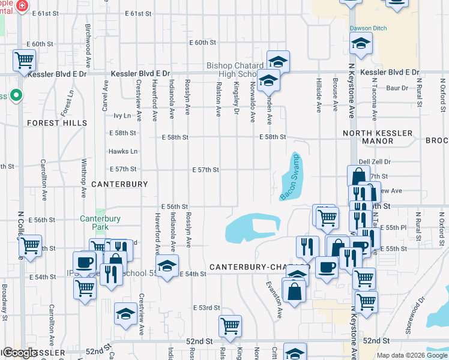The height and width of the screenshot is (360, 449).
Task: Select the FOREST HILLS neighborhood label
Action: tap(57, 123)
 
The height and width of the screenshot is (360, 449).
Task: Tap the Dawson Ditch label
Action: tap(369, 28)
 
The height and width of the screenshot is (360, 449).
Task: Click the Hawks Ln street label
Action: tap(123, 152)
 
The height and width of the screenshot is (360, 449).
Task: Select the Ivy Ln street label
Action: tap(122, 115)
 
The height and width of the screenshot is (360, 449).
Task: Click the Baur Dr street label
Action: tap(397, 88)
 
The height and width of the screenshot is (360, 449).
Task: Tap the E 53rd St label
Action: tap(206, 308)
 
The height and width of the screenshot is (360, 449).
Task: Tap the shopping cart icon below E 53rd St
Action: tap(230, 326)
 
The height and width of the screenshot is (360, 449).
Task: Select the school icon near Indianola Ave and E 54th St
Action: tap(167, 265)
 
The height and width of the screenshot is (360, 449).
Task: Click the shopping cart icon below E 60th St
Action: tap(24, 60)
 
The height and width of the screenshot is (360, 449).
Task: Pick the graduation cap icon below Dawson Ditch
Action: tap(361, 43)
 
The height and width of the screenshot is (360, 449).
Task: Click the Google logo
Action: tap(20, 353)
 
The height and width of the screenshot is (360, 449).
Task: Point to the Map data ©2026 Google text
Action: tap(411, 355)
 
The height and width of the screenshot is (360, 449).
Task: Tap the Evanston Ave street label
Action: tap(278, 300)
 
